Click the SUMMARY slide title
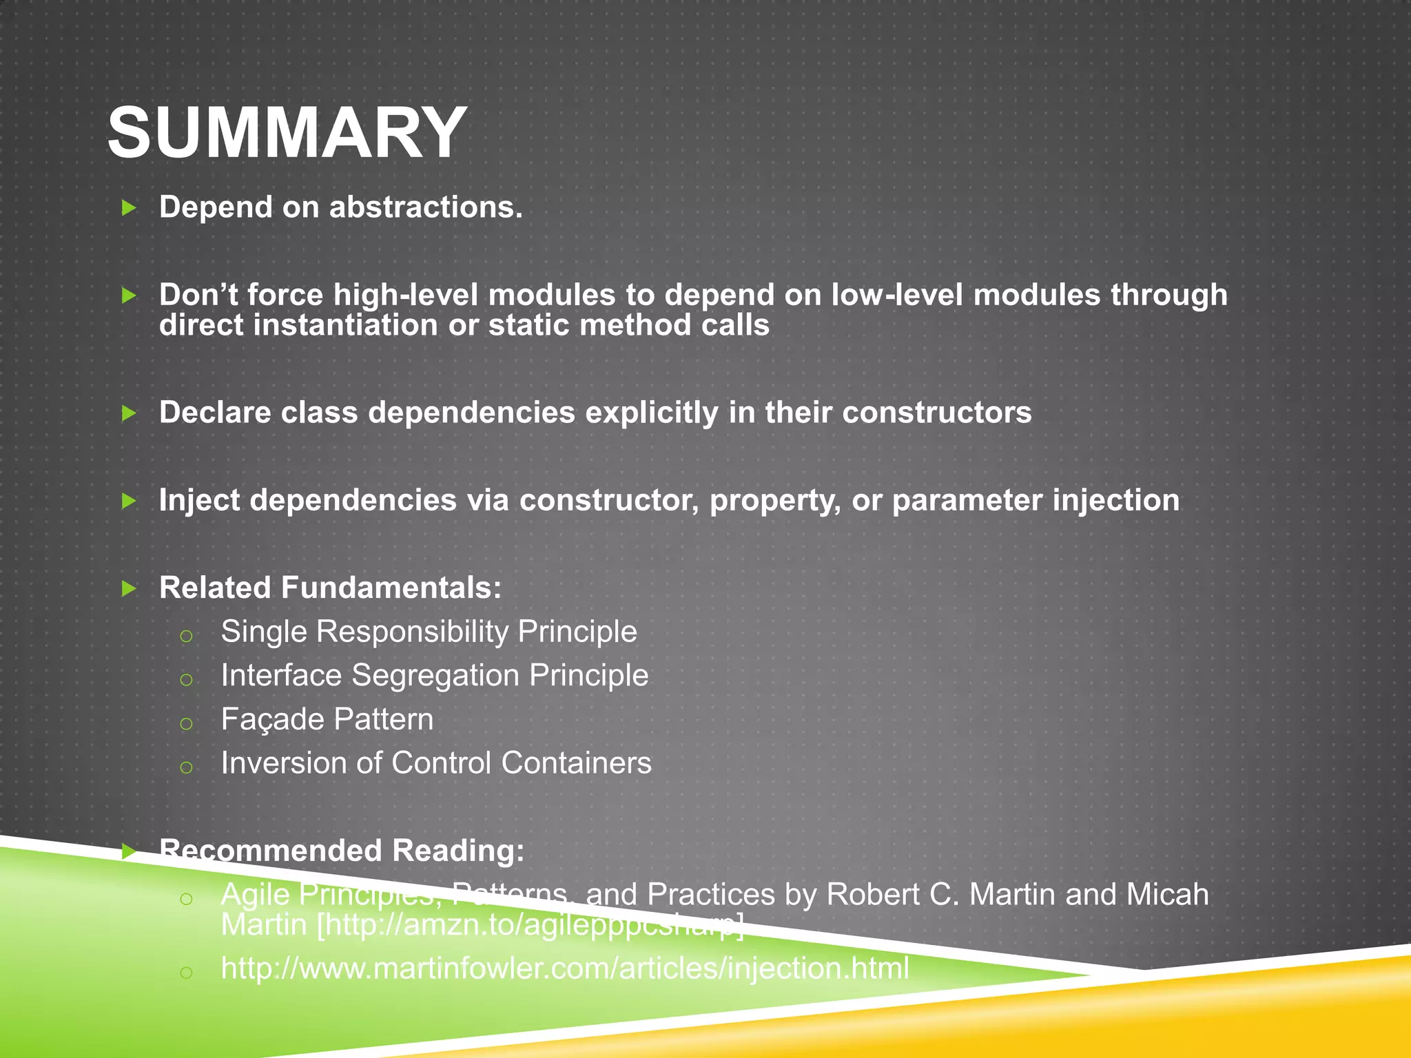(x=287, y=132)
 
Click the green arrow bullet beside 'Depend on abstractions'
(x=129, y=207)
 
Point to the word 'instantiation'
(x=345, y=325)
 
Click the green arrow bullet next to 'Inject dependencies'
(x=129, y=501)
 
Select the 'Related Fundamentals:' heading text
(x=330, y=588)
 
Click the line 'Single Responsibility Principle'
(x=429, y=632)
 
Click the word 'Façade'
(x=269, y=720)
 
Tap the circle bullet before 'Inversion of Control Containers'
(x=186, y=767)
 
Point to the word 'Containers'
(x=576, y=763)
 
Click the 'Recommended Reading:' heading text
(x=342, y=851)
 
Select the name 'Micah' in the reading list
(x=1167, y=895)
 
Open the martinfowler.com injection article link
(x=564, y=968)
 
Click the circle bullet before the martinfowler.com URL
(x=186, y=972)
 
